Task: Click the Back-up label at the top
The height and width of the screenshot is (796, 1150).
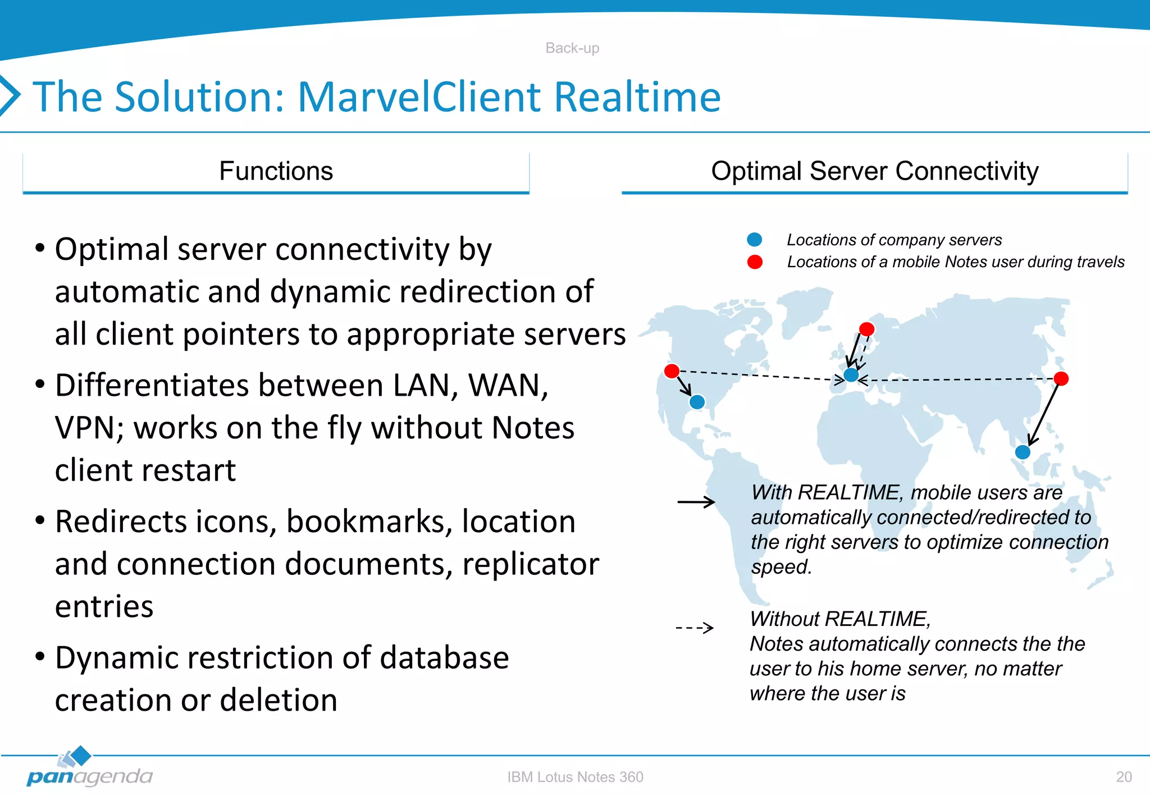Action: (x=572, y=48)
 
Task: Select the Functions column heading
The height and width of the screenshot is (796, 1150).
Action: (x=276, y=171)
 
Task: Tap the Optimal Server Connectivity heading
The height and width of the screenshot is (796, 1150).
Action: (x=874, y=171)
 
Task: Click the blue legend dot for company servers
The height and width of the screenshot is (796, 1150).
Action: (x=755, y=240)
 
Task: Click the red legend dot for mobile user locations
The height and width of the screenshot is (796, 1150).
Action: (x=755, y=262)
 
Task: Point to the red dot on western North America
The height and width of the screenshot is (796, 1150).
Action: (x=672, y=370)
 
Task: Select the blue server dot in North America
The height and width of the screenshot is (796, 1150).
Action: (x=697, y=402)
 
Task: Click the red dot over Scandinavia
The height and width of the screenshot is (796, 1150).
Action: (x=867, y=329)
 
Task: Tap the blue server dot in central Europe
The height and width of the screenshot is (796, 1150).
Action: (x=851, y=375)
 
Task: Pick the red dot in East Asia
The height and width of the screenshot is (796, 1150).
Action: (x=1061, y=378)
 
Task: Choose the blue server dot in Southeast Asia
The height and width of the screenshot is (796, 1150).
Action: (x=1023, y=452)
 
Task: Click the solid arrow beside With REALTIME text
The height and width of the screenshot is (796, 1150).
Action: (x=696, y=502)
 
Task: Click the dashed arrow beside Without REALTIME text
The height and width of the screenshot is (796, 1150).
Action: (x=695, y=628)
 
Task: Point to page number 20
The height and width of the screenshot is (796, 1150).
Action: (x=1124, y=777)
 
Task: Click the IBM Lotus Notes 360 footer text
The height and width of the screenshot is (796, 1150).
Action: (x=575, y=777)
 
